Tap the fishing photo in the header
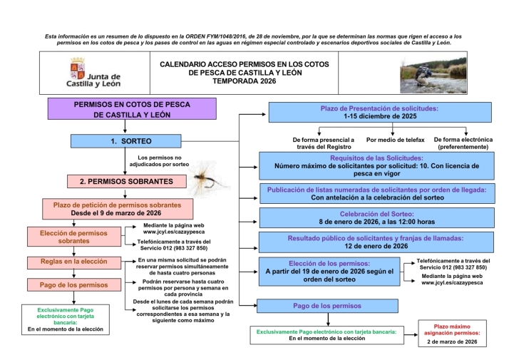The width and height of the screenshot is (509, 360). point(431,73)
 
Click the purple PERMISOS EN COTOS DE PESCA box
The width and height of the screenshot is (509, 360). point(132,109)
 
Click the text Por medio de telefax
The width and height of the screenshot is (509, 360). point(394,140)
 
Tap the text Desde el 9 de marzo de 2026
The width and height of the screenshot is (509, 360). point(116,213)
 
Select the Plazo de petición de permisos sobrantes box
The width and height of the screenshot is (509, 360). point(116,208)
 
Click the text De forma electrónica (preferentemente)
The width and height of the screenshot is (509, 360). point(461,143)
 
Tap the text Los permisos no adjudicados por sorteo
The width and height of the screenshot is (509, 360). point(160,161)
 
